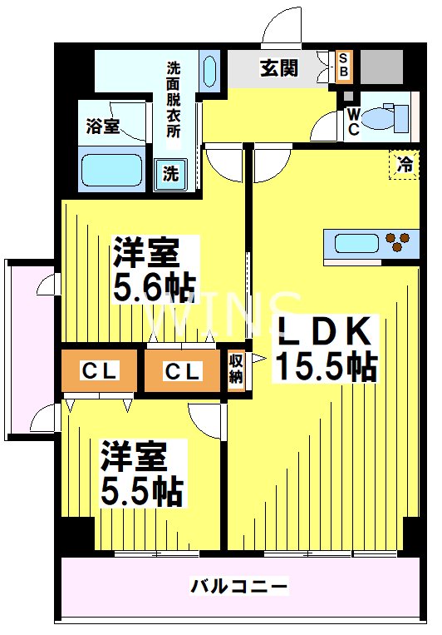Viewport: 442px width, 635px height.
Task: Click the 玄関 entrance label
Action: coord(278,68)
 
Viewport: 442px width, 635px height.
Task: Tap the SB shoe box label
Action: coord(343,66)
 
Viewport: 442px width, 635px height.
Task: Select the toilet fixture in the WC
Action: coord(386,116)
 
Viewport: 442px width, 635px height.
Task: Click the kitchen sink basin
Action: coord(356,244)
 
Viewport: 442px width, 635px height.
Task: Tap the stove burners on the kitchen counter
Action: coord(398,242)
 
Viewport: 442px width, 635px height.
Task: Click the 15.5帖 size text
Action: coord(325,365)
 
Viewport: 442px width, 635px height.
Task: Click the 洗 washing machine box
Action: coord(169,174)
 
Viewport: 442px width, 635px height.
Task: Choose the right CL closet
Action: coord(182,371)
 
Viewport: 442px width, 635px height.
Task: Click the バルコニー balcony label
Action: coord(240,587)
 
